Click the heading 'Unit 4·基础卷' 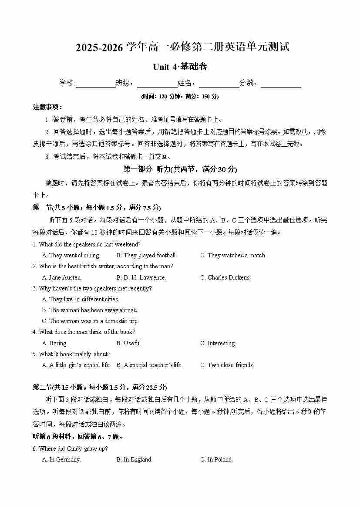pos(180,67)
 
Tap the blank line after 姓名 pos(219,84)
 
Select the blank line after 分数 pos(281,84)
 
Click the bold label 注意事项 pos(48,107)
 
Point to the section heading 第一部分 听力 pos(180,169)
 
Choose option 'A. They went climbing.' pos(71,256)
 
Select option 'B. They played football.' pos(146,256)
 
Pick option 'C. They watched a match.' pos(233,256)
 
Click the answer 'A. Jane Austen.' pos(62,277)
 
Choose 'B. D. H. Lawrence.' pos(141,277)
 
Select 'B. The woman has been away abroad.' pos(90,310)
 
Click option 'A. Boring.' pos(54,343)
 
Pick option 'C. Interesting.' pos(218,343)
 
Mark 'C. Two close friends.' pos(227,365)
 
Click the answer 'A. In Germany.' pos(61,459)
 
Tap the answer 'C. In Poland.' pos(216,459)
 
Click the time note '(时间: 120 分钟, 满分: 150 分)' pos(180,96)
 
